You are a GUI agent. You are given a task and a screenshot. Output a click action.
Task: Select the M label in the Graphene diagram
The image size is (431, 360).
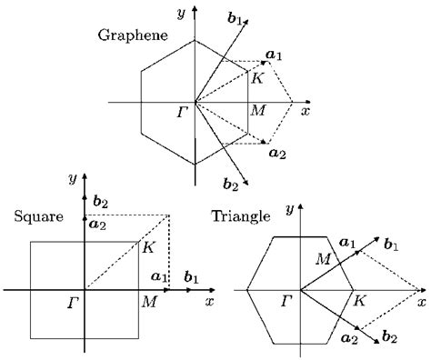[257, 110]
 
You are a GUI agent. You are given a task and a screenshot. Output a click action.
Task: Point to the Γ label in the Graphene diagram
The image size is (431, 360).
[184, 113]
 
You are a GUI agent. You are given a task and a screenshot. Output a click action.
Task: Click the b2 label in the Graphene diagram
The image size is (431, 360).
[231, 185]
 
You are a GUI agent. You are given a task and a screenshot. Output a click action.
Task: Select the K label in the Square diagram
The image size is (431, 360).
[149, 246]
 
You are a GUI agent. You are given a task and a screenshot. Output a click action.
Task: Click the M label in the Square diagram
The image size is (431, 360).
[148, 301]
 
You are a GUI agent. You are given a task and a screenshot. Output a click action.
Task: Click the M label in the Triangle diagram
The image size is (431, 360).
[322, 260]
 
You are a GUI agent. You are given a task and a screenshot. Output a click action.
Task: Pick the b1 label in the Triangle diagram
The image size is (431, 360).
[392, 243]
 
